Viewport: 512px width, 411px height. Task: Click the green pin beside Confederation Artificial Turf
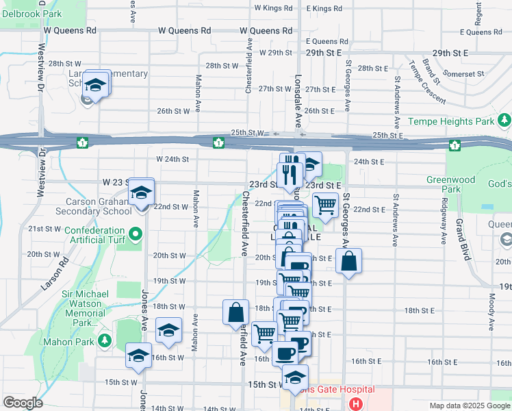pos(136,235)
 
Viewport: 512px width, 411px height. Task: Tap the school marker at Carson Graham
pos(142,194)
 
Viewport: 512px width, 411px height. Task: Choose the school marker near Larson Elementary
pos(96,86)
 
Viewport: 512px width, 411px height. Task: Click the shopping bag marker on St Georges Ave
pos(348,261)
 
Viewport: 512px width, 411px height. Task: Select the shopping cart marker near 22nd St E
pos(325,205)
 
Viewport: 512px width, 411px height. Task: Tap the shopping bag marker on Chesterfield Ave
pos(235,312)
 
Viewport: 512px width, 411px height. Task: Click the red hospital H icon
pos(355,403)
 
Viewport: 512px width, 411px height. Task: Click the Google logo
pos(23,403)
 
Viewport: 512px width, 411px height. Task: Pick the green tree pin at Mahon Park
pos(105,340)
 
